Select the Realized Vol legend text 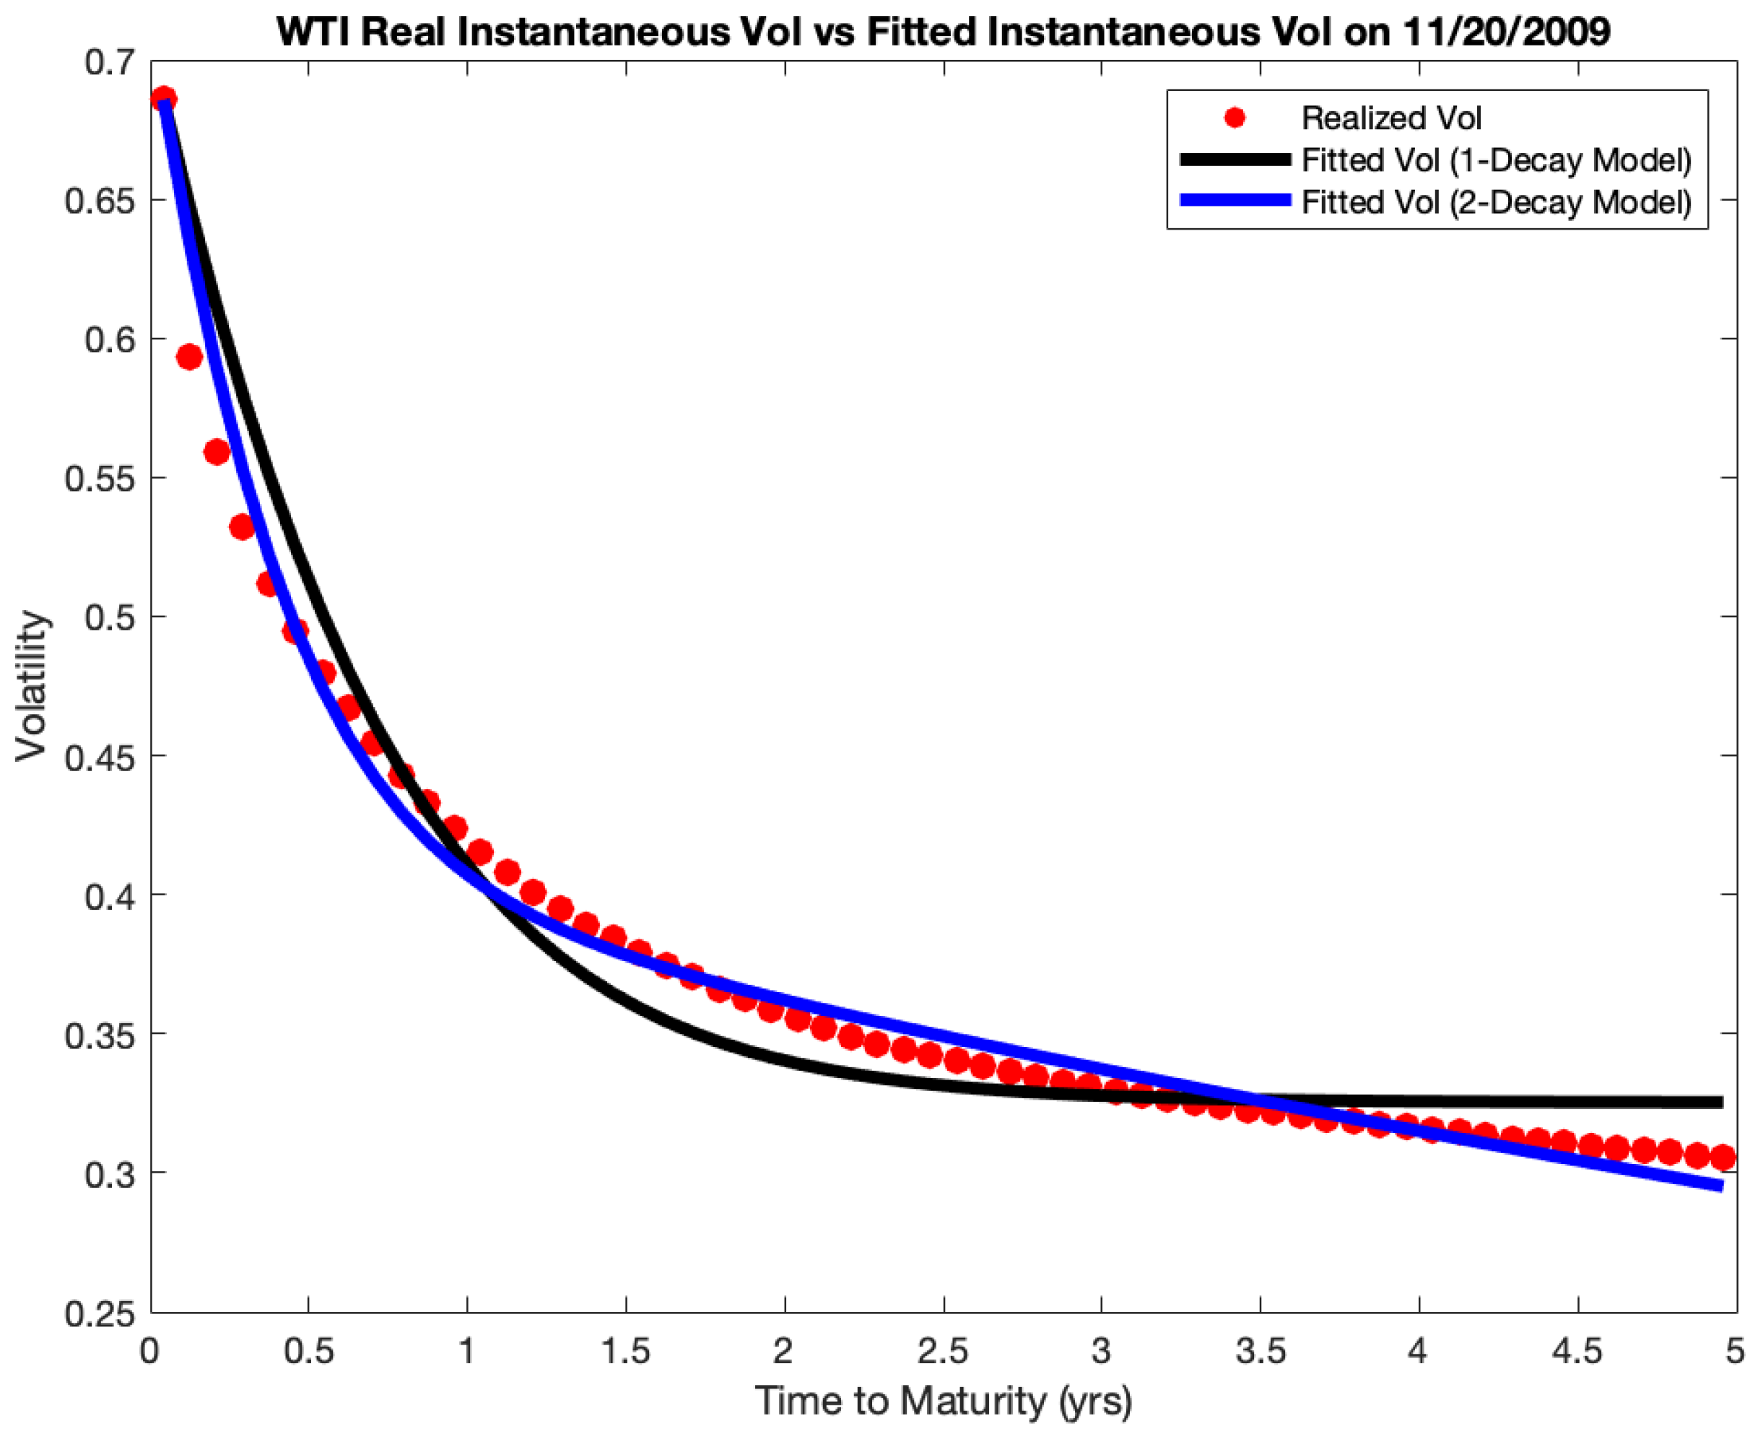click(x=1390, y=118)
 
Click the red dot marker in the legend click(x=1235, y=118)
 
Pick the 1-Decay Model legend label click(x=1496, y=160)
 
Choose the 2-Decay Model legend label click(x=1496, y=201)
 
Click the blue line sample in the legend click(x=1235, y=201)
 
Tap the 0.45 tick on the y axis click(x=99, y=757)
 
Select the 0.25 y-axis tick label click(x=99, y=1313)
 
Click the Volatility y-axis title click(x=32, y=685)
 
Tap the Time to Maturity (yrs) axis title click(x=942, y=1402)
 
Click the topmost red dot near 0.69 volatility click(x=164, y=99)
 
